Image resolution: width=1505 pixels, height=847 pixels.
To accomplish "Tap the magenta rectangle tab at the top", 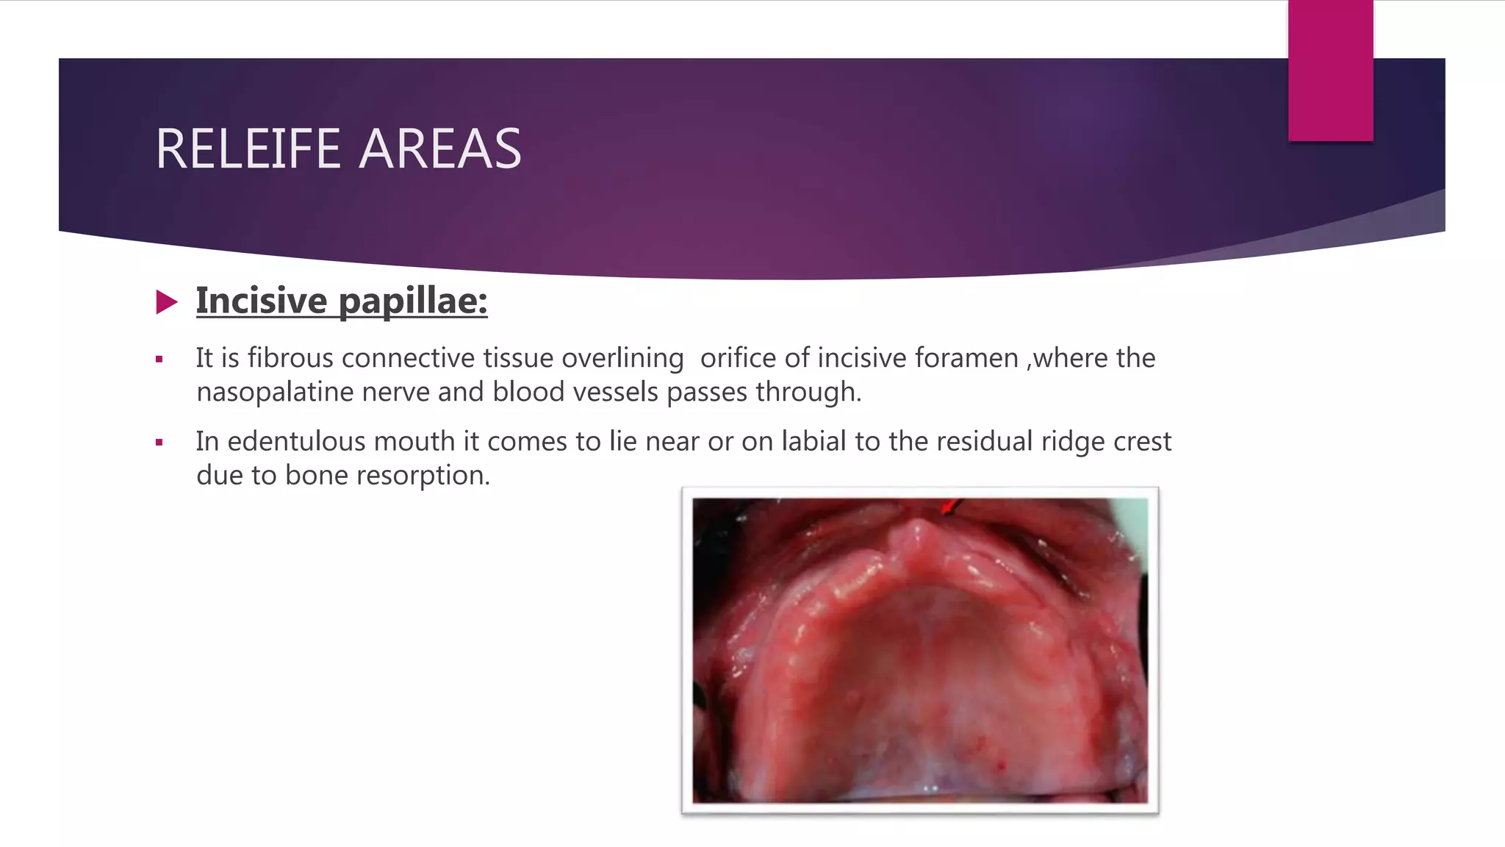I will click(x=1330, y=71).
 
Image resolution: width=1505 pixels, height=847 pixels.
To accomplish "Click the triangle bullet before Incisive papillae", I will click(x=167, y=301).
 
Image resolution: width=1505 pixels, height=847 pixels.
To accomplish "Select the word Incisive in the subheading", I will click(x=262, y=301).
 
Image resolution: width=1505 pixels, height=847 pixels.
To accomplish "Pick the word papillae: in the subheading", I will click(x=413, y=301).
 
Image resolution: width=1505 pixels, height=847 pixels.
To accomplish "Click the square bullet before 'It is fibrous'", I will click(x=159, y=360).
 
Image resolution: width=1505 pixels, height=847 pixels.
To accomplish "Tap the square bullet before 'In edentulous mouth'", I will click(x=159, y=443).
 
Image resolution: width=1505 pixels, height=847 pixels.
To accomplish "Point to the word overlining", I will click(x=622, y=358).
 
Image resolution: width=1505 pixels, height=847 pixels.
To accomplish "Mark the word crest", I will click(x=1142, y=441).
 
